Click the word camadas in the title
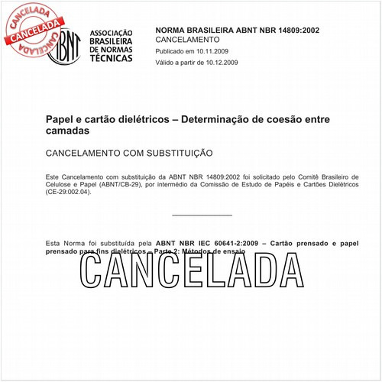68,131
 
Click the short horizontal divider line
202,215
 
